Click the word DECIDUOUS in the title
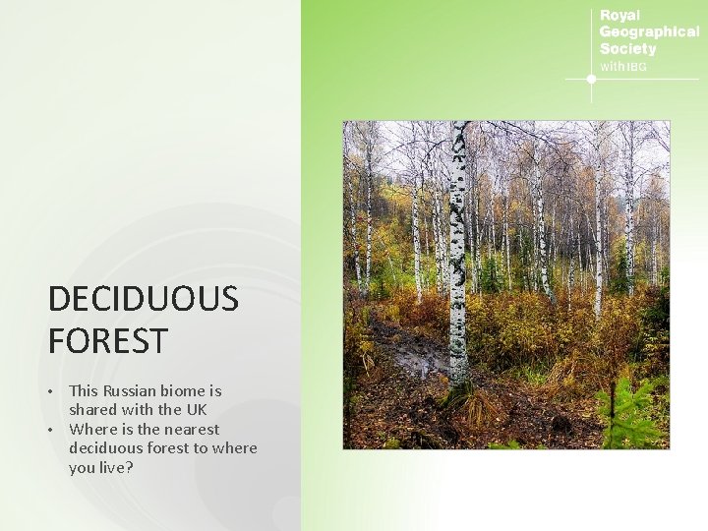click(x=143, y=299)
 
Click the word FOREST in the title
click(x=107, y=342)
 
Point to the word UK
click(x=195, y=410)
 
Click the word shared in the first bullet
click(x=92, y=410)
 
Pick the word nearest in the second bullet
click(x=190, y=429)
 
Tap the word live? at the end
click(x=114, y=467)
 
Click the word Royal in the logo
click(x=619, y=16)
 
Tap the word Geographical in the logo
click(x=649, y=31)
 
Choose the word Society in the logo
click(x=627, y=48)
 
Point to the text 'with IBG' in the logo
click(x=623, y=66)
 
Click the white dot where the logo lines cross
click(x=591, y=79)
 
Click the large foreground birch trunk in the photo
click(x=458, y=246)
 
